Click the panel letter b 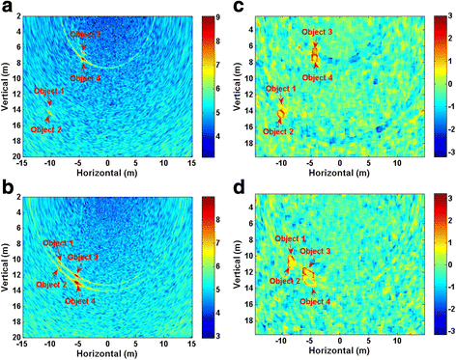(x=8, y=189)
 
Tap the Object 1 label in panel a (x=49, y=90)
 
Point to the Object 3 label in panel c (x=317, y=33)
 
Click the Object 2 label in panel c (x=277, y=130)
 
